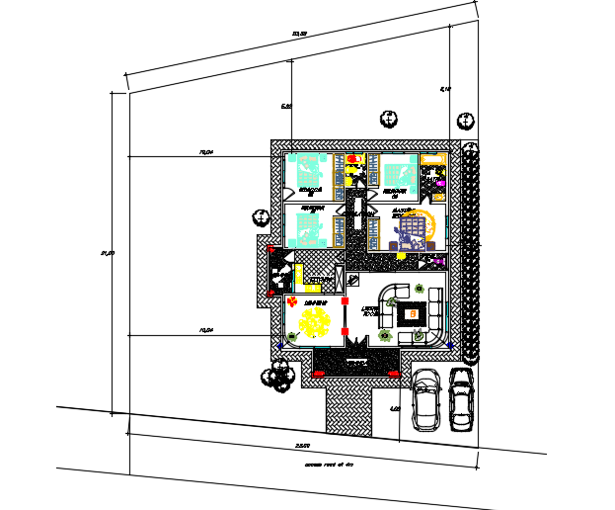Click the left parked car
click(426, 401)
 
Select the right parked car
click(462, 400)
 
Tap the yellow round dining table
click(316, 321)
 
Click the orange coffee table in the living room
click(412, 314)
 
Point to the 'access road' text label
click(329, 463)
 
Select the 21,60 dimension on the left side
click(108, 254)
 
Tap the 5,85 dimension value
click(286, 106)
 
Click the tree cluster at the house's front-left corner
click(276, 376)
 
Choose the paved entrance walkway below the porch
click(347, 406)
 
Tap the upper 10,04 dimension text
click(207, 153)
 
